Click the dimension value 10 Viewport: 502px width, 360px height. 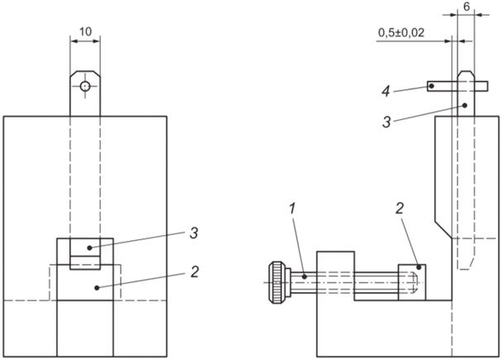click(85, 31)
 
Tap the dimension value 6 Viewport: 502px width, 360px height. click(467, 5)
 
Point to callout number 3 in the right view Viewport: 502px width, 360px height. click(387, 122)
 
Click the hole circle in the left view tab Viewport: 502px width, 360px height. click(85, 86)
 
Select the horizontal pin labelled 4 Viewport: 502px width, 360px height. click(444, 84)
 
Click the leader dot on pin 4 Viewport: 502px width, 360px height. click(432, 84)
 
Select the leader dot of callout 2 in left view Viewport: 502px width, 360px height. click(98, 286)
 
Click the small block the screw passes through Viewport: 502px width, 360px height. click(336, 274)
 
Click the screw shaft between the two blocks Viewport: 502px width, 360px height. click(376, 283)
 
